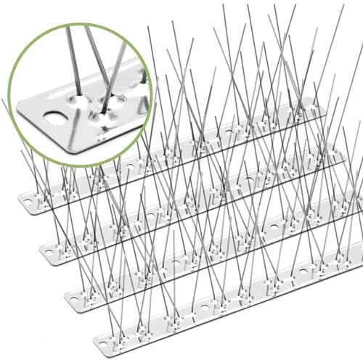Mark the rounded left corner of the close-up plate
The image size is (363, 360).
[24, 108]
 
